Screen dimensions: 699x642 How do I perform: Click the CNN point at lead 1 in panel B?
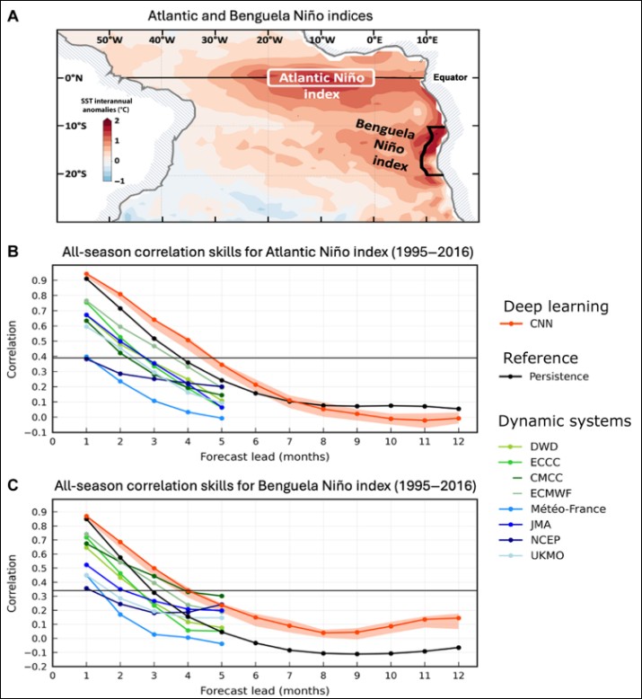86,274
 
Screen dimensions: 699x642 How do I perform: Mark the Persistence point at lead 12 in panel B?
458,409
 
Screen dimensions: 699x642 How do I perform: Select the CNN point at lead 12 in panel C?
458,617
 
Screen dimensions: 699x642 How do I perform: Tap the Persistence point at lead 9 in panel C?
356,654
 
